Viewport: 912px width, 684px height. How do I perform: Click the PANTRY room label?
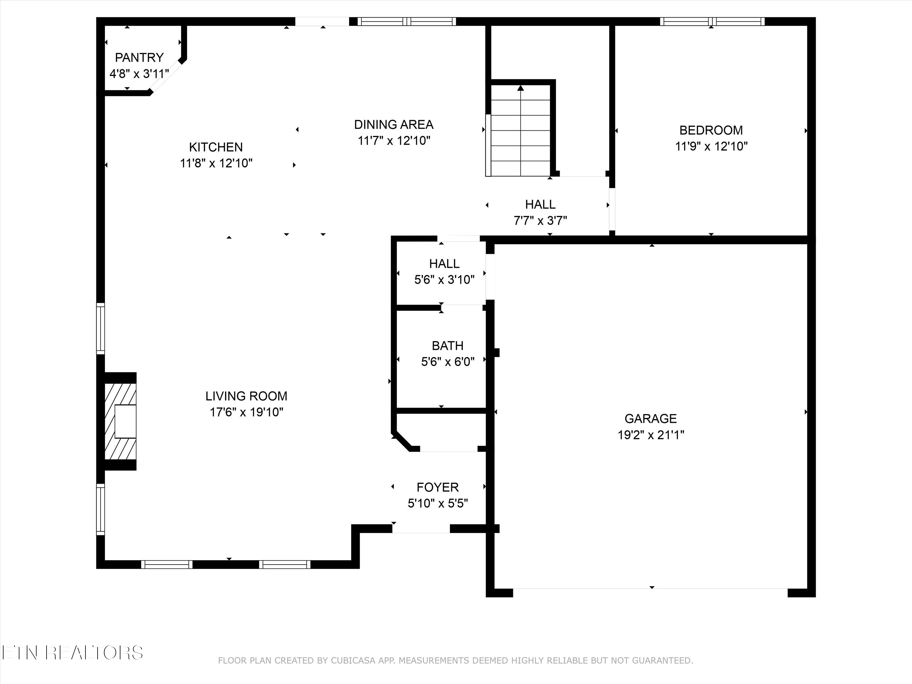coord(139,57)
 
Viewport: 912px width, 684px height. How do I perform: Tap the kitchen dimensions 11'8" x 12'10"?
coord(216,163)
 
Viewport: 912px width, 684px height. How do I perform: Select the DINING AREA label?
coord(394,125)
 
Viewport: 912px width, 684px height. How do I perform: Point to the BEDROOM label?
coord(711,130)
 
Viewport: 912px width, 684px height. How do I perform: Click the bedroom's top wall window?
coord(712,22)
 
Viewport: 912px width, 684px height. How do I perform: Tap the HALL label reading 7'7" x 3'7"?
coord(540,205)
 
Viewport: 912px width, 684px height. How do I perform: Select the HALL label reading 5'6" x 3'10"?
coord(444,264)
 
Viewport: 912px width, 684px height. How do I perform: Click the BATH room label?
coord(447,346)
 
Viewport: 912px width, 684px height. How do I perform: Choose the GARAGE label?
coord(651,419)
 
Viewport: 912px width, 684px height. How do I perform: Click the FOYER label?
coord(437,487)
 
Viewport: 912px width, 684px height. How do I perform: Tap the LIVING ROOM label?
coord(246,396)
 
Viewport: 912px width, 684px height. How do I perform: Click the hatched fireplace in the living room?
coord(120,421)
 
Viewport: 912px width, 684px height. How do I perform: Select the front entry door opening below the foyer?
coord(420,529)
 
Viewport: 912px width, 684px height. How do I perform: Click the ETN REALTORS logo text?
coord(72,653)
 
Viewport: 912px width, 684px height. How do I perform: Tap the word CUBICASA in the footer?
coord(353,661)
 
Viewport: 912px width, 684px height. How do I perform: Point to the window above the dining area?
coord(406,22)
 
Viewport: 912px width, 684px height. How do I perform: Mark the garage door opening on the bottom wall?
coord(650,589)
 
